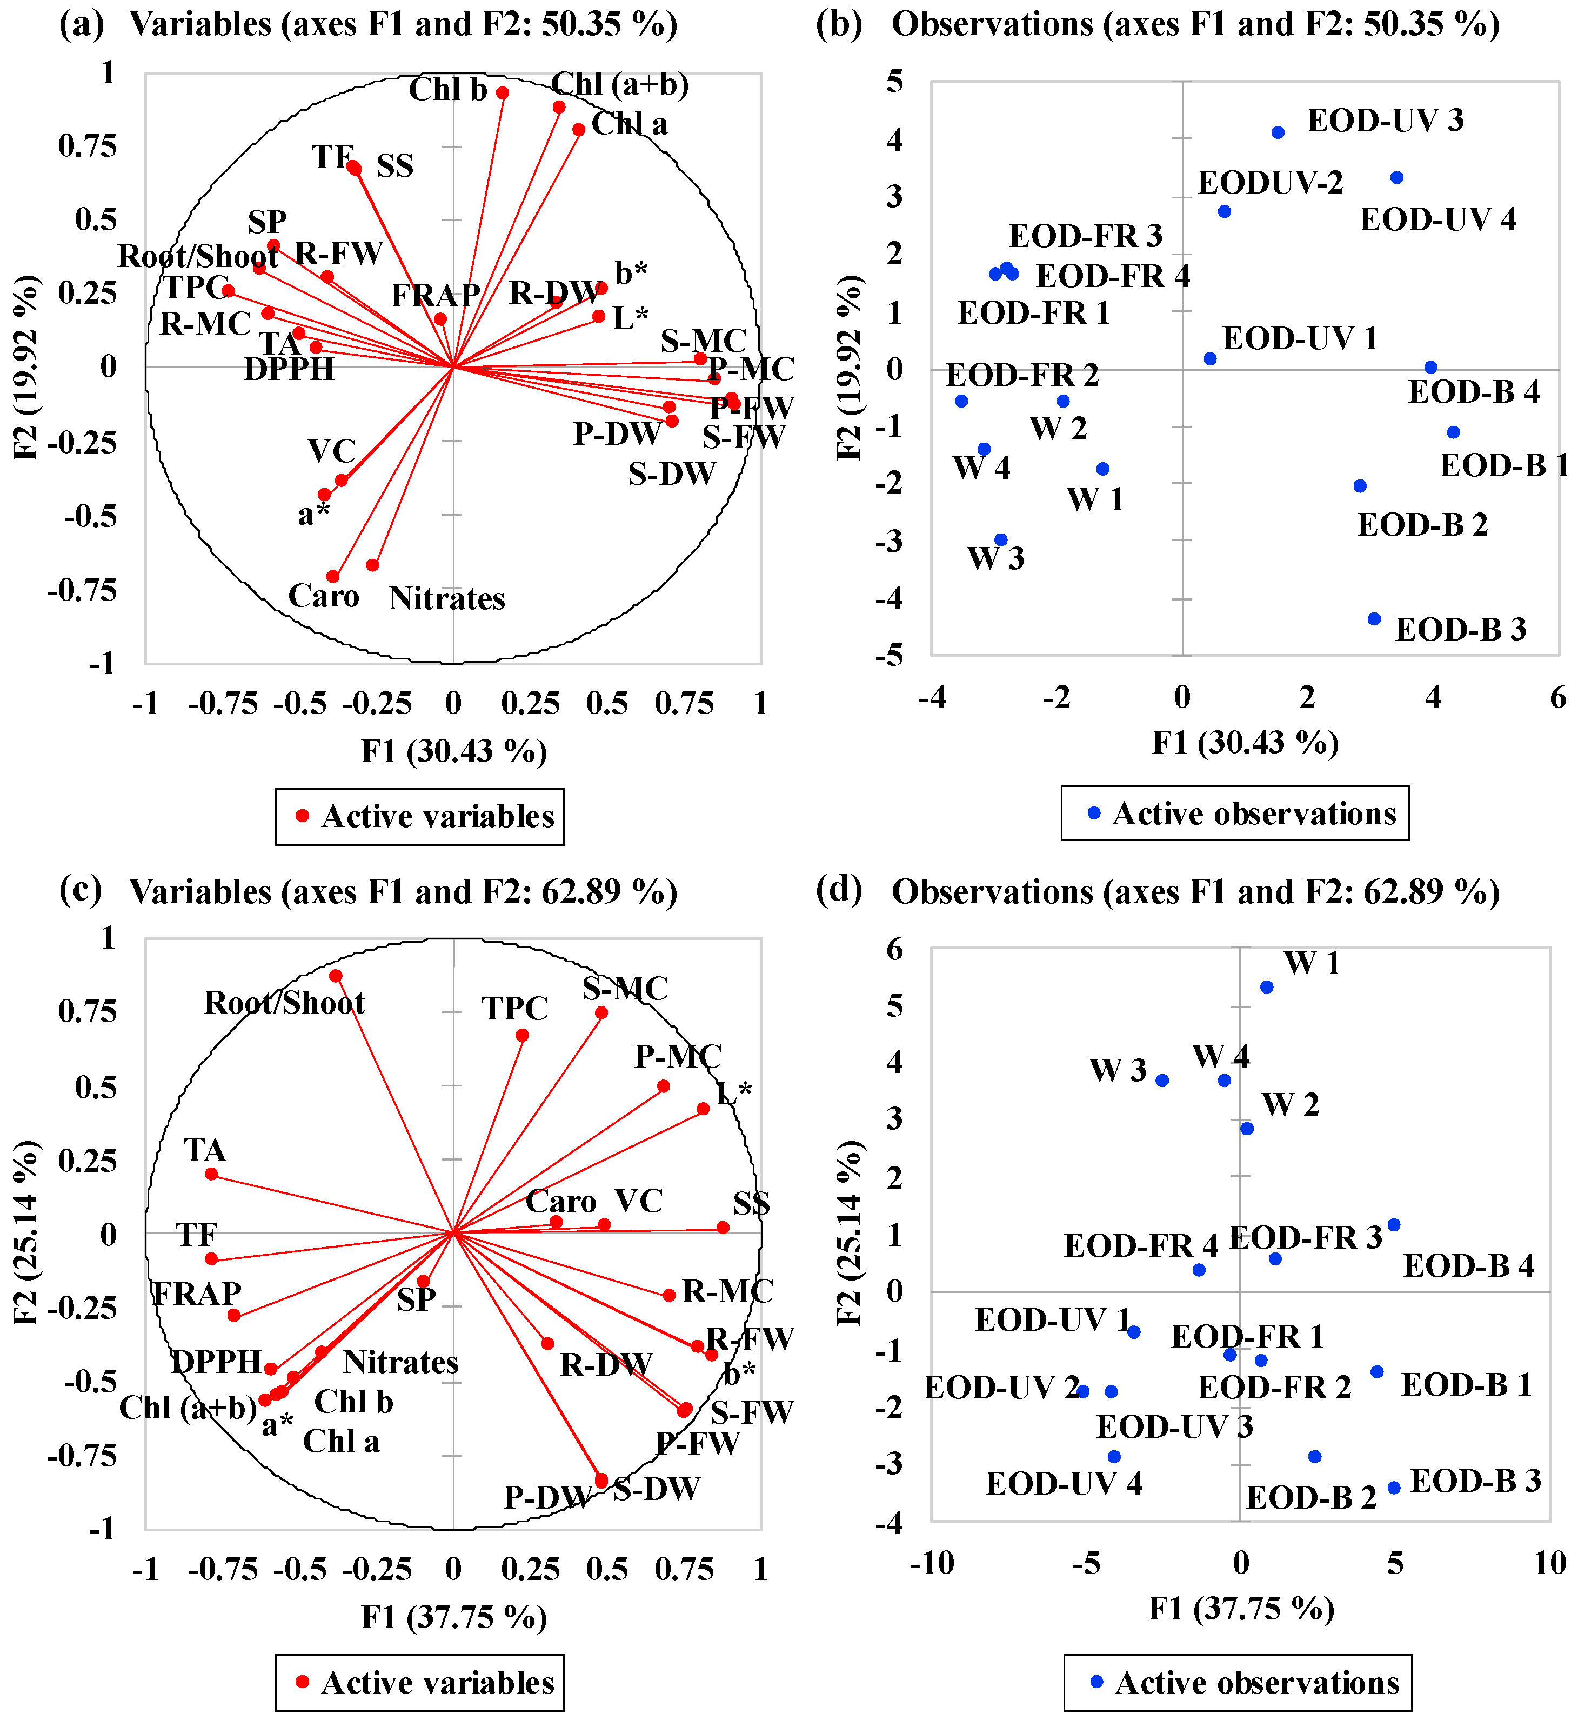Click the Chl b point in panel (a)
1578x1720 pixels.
coord(503,93)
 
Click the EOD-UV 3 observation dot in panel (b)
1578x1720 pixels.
coord(1278,132)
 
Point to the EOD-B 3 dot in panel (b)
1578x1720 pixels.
coord(1374,619)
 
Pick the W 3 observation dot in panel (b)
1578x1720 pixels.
coord(1001,541)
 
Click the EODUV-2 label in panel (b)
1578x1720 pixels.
coord(1270,183)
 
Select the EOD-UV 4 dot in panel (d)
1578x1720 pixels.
coord(1113,1457)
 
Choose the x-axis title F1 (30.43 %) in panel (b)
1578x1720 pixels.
coord(1245,743)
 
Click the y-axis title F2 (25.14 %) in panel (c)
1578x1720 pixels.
coord(25,1232)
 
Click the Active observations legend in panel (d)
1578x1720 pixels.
coord(1238,1682)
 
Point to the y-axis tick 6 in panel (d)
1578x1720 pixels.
coord(894,949)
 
